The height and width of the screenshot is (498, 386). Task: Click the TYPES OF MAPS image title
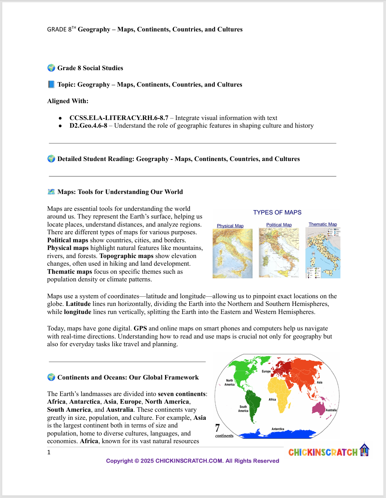(x=277, y=212)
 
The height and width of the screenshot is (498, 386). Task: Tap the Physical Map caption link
(x=230, y=226)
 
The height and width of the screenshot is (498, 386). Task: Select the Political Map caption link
(x=279, y=225)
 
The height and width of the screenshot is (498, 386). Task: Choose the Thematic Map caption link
(x=323, y=224)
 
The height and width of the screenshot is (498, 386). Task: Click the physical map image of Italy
(x=232, y=253)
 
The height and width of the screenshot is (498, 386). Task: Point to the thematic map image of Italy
(x=323, y=253)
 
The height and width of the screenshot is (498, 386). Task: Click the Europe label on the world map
(x=266, y=371)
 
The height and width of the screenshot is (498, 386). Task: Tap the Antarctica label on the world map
(x=278, y=429)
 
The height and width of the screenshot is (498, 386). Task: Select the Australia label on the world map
(x=331, y=410)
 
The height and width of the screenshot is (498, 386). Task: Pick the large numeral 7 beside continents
(x=218, y=428)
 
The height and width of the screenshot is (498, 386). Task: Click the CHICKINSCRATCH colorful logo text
(x=323, y=452)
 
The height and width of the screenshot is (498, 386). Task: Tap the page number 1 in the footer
(x=49, y=452)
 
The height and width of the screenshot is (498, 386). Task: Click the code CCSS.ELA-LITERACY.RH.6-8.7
(x=119, y=118)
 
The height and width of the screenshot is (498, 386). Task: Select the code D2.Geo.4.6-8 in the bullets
(x=88, y=126)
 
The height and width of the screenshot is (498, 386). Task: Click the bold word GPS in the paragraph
(x=140, y=329)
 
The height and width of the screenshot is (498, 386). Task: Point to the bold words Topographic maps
(x=126, y=256)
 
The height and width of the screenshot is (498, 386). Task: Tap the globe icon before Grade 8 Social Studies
(x=51, y=68)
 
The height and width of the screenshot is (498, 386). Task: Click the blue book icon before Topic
(x=51, y=84)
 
